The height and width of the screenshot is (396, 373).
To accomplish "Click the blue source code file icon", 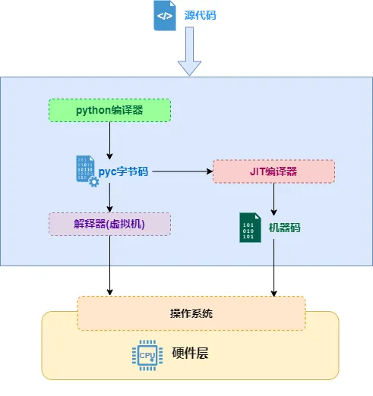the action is click(165, 16).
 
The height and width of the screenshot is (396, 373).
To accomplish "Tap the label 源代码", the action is click(200, 15).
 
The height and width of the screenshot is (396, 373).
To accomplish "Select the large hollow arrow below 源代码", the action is click(189, 51).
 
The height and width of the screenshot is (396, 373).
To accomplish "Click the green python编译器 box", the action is click(109, 111).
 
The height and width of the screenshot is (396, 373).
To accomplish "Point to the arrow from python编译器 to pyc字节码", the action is click(109, 140).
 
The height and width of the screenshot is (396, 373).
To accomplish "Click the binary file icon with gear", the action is click(87, 171).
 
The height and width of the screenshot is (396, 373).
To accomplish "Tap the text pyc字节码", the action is click(123, 171).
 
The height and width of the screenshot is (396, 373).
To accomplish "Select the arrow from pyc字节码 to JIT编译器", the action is click(182, 171).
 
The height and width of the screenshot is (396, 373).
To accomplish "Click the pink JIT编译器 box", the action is click(273, 171).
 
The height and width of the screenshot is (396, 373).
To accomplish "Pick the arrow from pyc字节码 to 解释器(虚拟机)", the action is click(109, 198).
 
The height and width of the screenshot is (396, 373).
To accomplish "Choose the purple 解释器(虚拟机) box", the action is click(109, 225).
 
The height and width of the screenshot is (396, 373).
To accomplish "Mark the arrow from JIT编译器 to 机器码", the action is click(273, 200).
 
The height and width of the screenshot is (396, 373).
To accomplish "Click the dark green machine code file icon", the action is click(250, 228).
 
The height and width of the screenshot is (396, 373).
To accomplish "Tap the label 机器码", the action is click(284, 228).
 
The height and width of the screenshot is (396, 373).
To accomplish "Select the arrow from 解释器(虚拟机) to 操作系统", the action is click(109, 266).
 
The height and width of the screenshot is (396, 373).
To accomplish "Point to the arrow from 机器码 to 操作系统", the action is click(273, 268).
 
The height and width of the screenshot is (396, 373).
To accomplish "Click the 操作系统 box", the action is click(191, 313).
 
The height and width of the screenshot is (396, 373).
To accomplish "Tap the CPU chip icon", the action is click(147, 355).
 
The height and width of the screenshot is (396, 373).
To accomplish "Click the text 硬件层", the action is click(191, 353).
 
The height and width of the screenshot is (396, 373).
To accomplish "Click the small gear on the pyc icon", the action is click(93, 182).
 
